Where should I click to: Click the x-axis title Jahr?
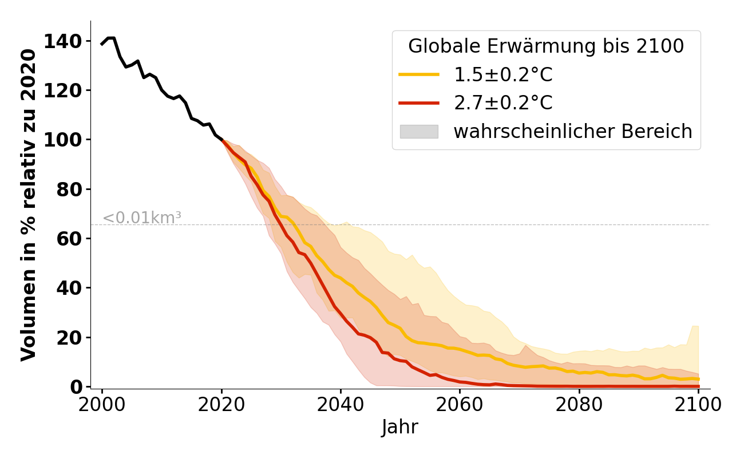(400, 427)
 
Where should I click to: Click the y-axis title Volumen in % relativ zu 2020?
(29, 204)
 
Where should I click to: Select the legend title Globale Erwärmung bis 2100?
(546, 46)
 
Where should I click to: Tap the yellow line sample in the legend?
(419, 74)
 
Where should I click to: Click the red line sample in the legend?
(419, 103)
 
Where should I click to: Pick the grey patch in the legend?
(419, 132)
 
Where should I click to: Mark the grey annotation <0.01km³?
(142, 218)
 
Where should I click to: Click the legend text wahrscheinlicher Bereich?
(573, 132)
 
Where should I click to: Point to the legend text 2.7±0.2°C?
(503, 103)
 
